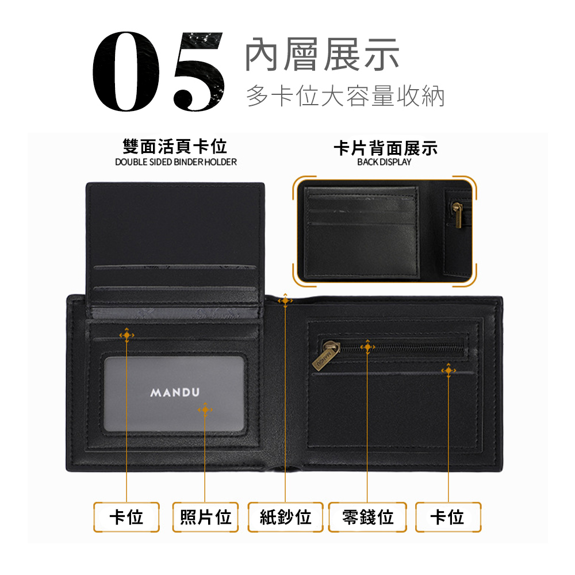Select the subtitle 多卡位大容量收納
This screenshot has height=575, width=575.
[345, 96]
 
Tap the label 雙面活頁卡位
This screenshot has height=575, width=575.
[175, 147]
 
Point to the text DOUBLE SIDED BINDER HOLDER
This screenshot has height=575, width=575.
[175, 162]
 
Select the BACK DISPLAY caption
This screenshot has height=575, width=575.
[384, 162]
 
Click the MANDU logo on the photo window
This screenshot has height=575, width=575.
[175, 393]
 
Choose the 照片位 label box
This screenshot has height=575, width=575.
[205, 517]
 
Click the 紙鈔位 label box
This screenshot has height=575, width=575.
[286, 517]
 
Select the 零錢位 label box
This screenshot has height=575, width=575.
[367, 517]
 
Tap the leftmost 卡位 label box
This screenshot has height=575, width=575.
[126, 517]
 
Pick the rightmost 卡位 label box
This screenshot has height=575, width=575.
[448, 517]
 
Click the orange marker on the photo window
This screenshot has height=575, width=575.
[205, 409]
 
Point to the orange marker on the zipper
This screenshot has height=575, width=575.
[367, 347]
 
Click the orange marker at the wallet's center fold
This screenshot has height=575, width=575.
[285, 301]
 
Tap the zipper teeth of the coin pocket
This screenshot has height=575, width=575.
[402, 348]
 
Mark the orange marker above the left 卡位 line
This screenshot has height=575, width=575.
[126, 335]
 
